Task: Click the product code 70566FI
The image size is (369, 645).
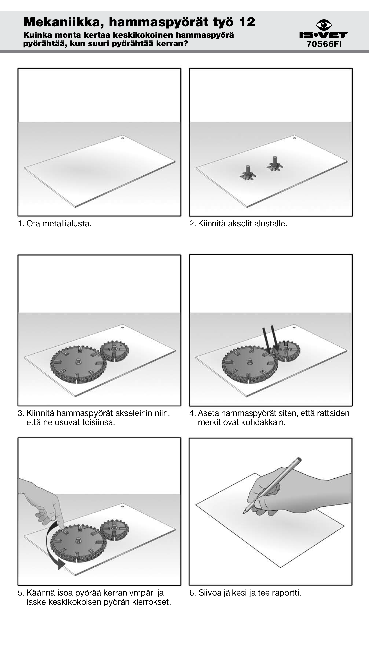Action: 324,44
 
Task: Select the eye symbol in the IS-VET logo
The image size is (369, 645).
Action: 324,25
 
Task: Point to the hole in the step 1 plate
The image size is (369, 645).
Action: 123,138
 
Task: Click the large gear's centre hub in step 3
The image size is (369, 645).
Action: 78,361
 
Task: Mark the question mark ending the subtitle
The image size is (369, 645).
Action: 186,43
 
